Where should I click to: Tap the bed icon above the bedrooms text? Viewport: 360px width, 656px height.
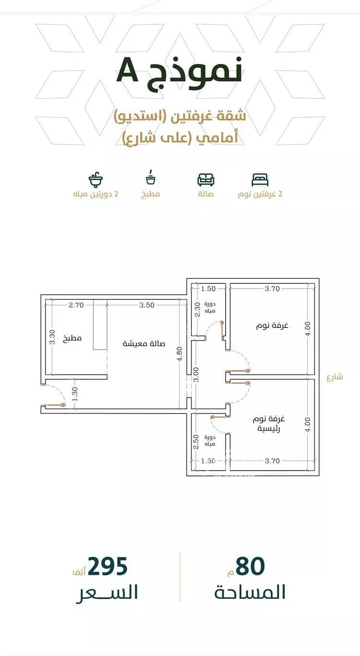pos(260,180)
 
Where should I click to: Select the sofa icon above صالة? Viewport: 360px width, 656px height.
pos(206,180)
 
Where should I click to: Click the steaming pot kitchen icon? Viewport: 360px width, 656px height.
pos(151,177)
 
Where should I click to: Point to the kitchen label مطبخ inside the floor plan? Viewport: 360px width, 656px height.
pos(72,338)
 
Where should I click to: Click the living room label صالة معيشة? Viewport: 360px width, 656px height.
pos(144,343)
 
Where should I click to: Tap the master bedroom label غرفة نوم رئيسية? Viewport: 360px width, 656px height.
pos(269,424)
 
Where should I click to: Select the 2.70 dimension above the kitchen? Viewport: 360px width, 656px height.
pos(76,305)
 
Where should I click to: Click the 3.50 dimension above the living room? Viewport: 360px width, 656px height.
pos(146,305)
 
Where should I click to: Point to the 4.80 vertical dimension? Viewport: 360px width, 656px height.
pos(180,353)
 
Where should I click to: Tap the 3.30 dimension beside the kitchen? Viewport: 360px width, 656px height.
pos(52,337)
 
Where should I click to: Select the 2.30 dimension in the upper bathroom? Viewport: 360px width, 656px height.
pos(198,310)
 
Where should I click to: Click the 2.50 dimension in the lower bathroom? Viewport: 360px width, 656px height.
pos(196,442)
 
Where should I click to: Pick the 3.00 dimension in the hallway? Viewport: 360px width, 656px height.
pos(196,375)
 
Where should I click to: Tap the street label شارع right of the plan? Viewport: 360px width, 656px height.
pos(335,377)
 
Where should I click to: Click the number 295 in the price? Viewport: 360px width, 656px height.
pos(108,566)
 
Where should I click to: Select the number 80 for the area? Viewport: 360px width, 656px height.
pos(250,566)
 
